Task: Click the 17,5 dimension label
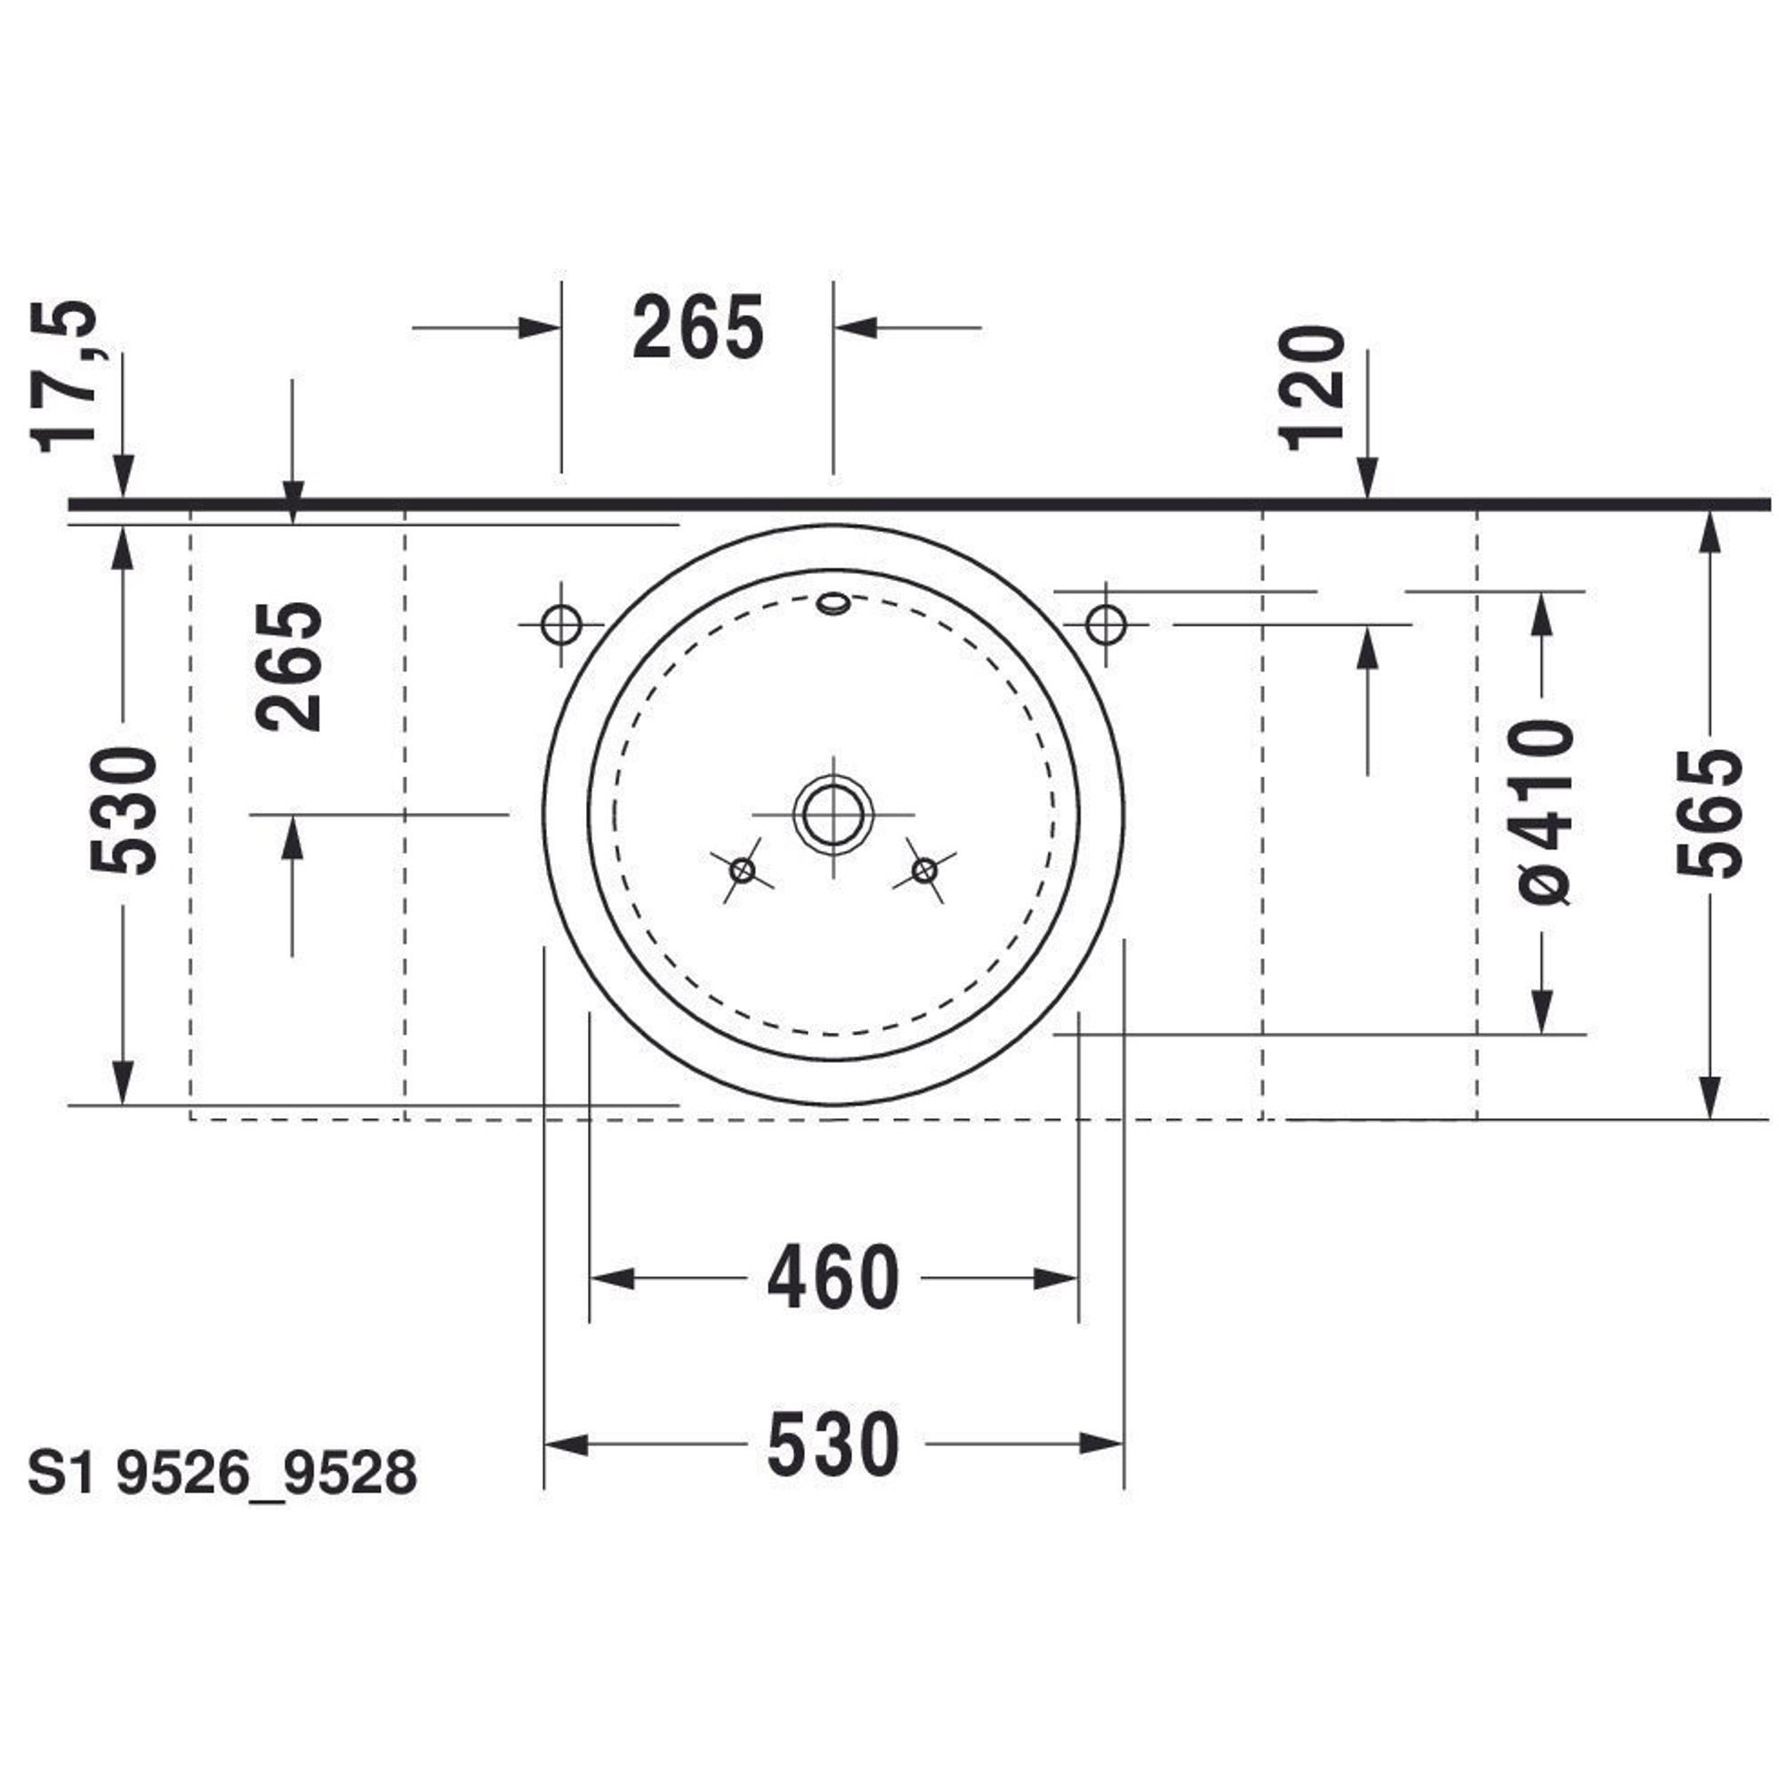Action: click(63, 375)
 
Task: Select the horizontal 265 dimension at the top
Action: click(698, 326)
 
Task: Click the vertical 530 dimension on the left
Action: click(125, 811)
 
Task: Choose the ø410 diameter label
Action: click(1544, 811)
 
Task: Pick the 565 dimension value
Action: click(1710, 814)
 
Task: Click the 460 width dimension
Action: click(833, 1279)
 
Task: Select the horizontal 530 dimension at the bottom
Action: click(833, 1445)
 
